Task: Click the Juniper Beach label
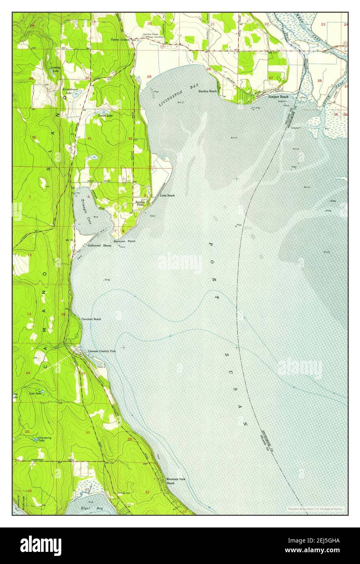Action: point(278,97)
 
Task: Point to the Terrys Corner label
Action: point(120,40)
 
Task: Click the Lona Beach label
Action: point(167,196)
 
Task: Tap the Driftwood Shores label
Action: point(99,245)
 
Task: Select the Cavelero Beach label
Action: point(91,319)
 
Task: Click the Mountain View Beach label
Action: point(176,481)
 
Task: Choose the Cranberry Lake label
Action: point(40,439)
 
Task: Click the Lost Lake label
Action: point(35,393)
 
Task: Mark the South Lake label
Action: point(105,116)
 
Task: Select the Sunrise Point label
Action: point(140,203)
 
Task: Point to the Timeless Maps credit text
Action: point(315,508)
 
